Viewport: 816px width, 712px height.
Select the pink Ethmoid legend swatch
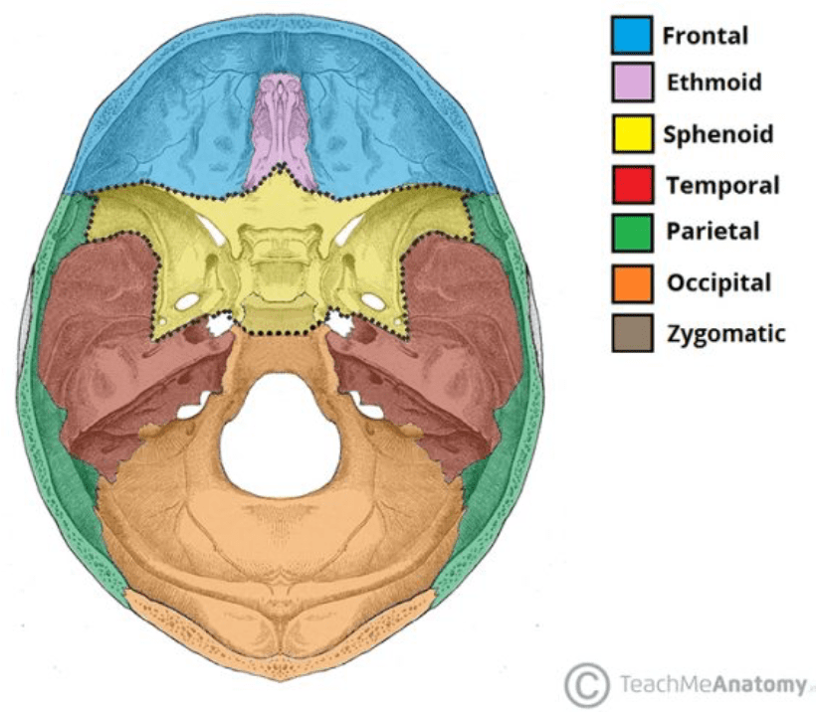click(x=632, y=82)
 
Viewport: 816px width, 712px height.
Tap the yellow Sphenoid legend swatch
click(x=632, y=133)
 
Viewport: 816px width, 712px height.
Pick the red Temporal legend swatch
click(x=632, y=184)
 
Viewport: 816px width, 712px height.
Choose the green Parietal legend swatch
click(x=632, y=233)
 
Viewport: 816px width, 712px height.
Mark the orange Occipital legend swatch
click(x=632, y=283)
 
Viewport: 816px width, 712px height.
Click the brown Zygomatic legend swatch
click(x=632, y=333)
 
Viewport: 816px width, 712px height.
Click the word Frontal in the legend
click(x=706, y=37)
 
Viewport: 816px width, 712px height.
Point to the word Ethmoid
click(x=714, y=82)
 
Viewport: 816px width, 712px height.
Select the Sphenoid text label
click(x=717, y=134)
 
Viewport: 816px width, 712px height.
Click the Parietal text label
click(x=713, y=233)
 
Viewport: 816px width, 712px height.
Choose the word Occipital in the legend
click(x=718, y=283)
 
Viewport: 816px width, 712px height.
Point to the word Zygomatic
click(x=725, y=333)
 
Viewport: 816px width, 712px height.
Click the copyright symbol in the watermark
click(x=586, y=684)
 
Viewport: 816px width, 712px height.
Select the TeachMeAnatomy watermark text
click(x=711, y=684)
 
